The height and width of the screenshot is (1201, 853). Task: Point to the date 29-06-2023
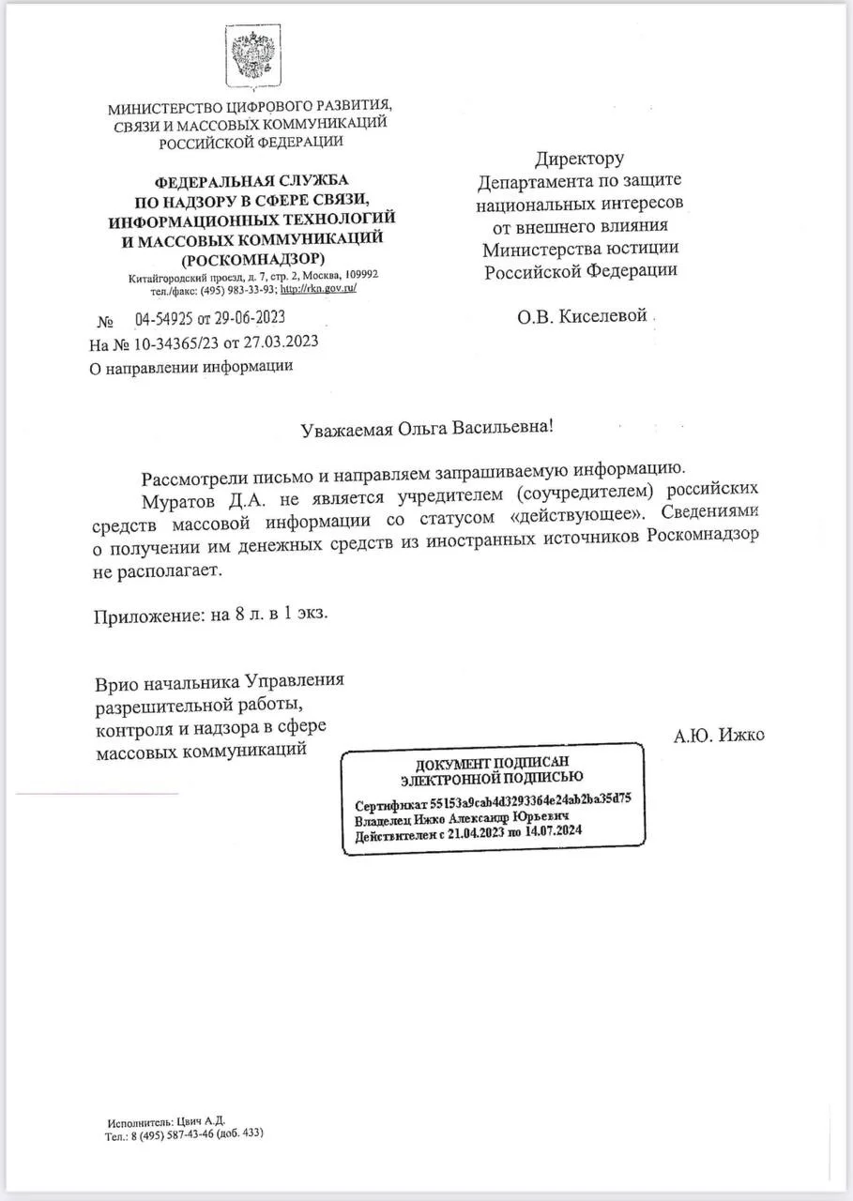(248, 317)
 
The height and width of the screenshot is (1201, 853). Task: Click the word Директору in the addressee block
(579, 159)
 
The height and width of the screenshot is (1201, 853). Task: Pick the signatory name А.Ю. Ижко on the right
(719, 736)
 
